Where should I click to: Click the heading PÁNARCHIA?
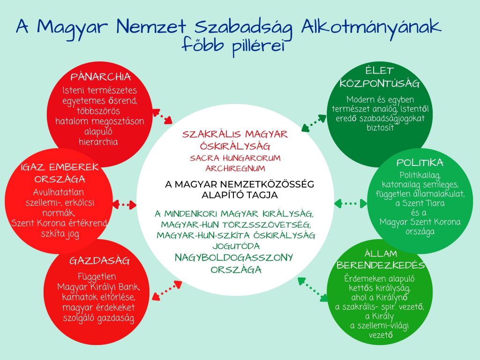[x=101, y=76]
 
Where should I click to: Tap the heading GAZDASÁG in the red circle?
[x=99, y=261]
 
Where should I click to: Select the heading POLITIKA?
[x=420, y=163]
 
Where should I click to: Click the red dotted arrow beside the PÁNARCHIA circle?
[x=162, y=116]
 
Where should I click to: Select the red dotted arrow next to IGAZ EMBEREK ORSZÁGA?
[x=124, y=204]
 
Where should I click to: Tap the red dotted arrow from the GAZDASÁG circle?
[x=167, y=290]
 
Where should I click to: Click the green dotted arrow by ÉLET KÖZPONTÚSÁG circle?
[x=314, y=123]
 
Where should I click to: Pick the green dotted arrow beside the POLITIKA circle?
[x=351, y=203]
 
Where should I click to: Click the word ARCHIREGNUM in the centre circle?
[x=235, y=169]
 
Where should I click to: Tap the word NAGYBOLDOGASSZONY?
[x=234, y=258]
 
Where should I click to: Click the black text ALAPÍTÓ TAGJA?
[x=240, y=195]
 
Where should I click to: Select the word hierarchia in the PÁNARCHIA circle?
[x=98, y=142]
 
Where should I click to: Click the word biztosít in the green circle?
[x=380, y=127]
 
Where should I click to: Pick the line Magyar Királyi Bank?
[x=98, y=287]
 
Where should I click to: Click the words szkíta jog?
[x=60, y=234]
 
